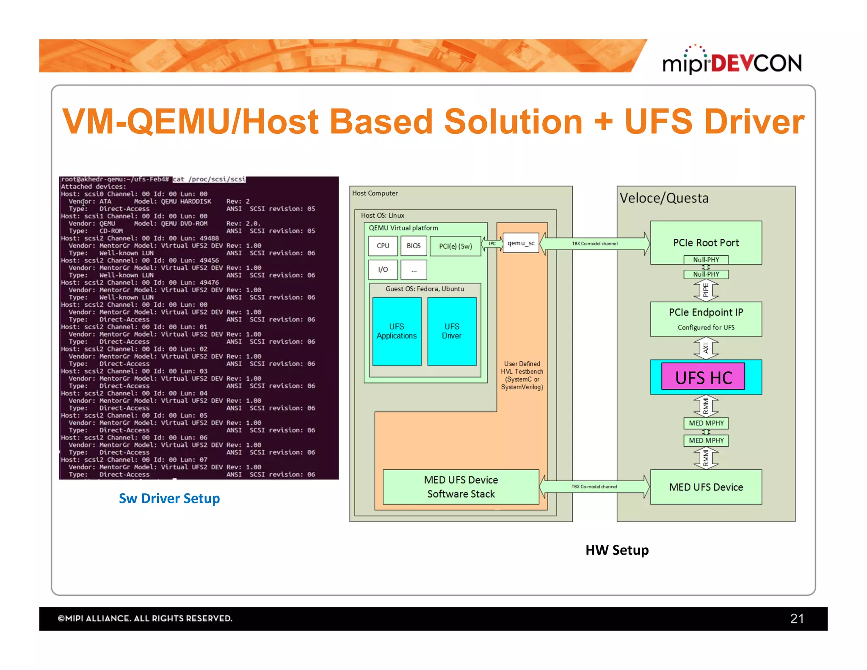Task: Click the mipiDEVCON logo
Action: (732, 61)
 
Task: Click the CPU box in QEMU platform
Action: (383, 246)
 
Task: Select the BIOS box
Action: (414, 246)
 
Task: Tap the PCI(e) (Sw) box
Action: (455, 246)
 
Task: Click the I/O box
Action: (383, 269)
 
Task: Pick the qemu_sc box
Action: (521, 243)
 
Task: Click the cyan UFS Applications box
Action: (397, 331)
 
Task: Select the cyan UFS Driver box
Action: (452, 331)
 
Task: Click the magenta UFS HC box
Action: (703, 377)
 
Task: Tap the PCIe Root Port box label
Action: (706, 243)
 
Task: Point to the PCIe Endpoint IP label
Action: (706, 312)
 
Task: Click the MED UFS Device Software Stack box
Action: (461, 487)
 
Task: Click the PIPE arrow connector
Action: (706, 291)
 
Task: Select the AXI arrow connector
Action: (706, 348)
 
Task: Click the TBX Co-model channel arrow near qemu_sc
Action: (594, 244)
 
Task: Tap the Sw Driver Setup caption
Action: (169, 498)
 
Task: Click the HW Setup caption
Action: (617, 550)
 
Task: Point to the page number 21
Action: (797, 619)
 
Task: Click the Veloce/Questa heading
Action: (664, 198)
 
